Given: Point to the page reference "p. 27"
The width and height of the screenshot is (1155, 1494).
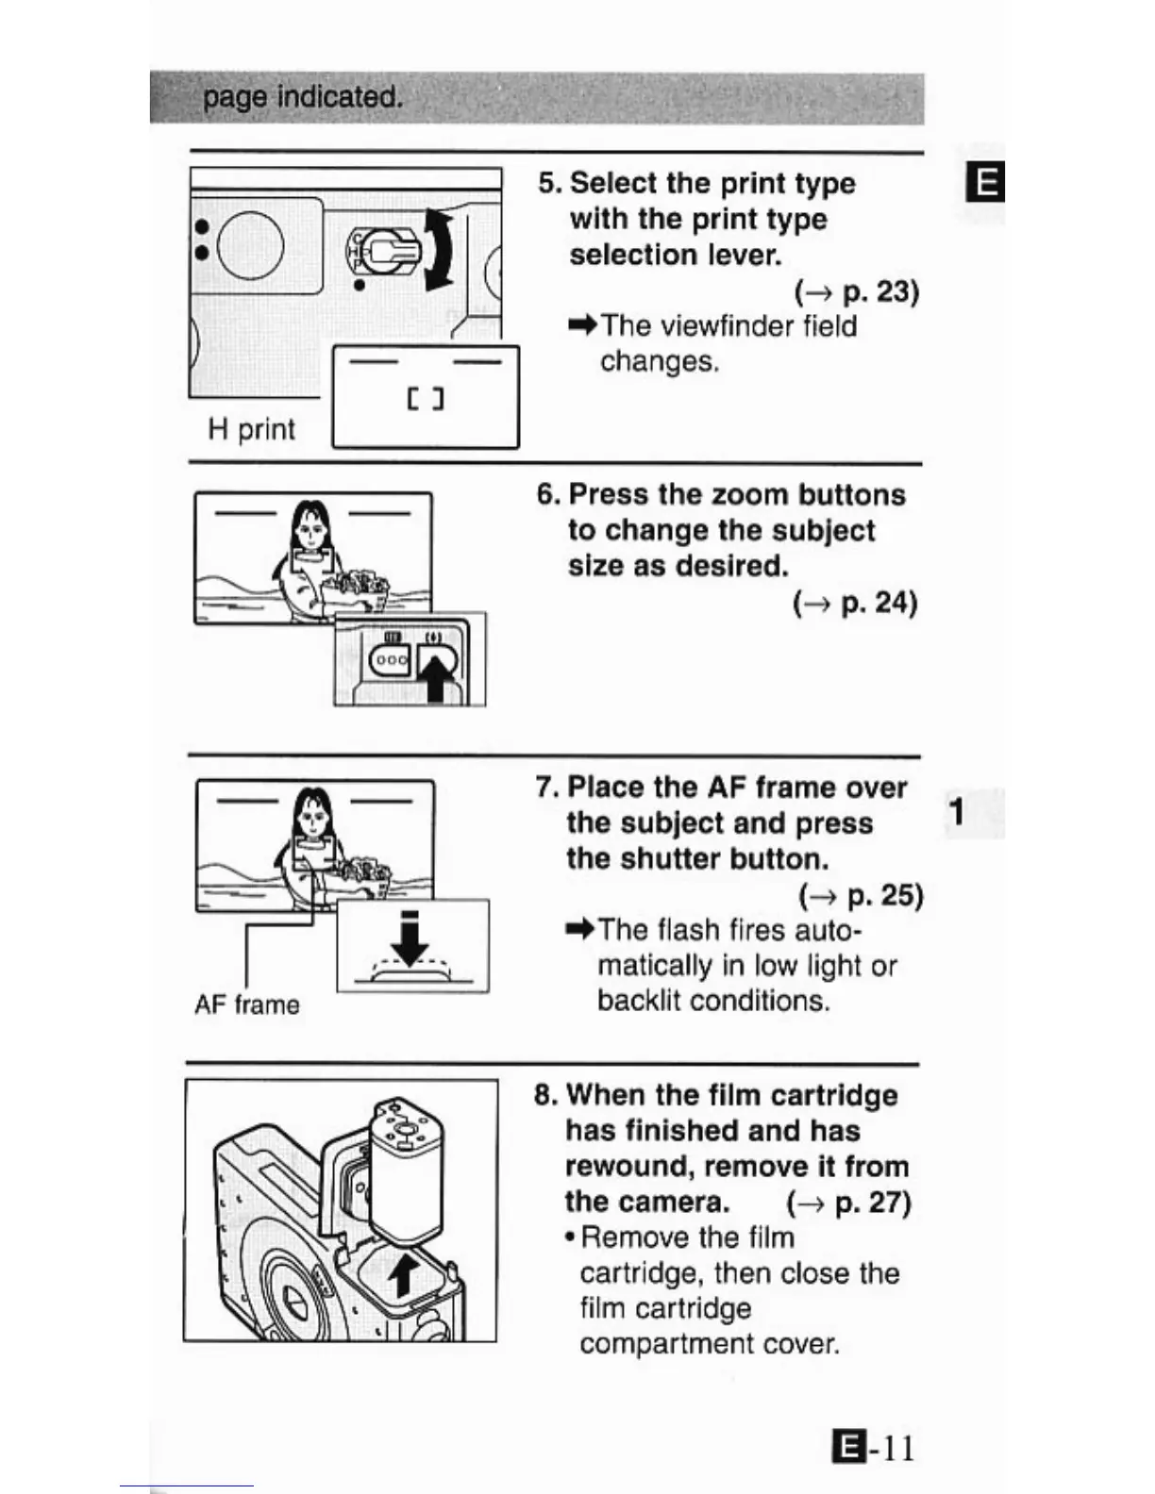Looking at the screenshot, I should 873,1203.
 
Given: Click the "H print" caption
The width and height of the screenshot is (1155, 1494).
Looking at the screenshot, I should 251,430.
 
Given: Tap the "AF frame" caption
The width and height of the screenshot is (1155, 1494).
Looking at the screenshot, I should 246,1004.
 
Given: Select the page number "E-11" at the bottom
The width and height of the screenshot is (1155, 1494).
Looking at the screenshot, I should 874,1448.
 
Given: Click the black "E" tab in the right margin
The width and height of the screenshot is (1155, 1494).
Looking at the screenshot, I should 986,182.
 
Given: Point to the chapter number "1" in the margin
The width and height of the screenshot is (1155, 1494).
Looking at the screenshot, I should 957,811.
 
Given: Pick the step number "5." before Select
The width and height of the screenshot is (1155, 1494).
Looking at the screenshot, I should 550,183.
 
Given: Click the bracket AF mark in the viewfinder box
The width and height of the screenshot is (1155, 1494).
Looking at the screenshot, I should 425,399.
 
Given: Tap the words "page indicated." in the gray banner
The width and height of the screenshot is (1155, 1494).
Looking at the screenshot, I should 303,97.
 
